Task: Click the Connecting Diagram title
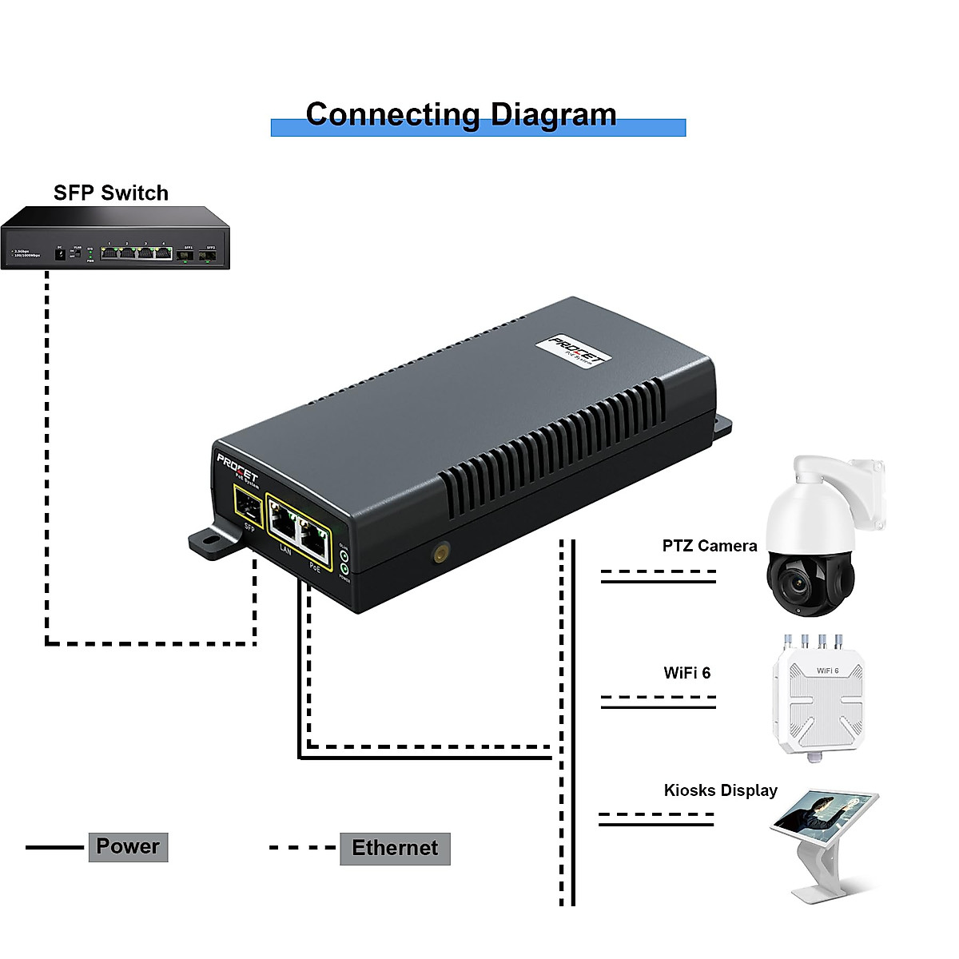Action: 461,115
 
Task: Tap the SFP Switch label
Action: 111,193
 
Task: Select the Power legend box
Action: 128,846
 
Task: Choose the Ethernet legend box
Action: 395,848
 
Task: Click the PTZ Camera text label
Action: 709,546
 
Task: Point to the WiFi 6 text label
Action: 686,673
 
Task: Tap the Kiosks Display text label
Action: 720,790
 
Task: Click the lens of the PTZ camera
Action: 798,586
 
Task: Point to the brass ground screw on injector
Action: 440,552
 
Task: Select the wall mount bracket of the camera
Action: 866,492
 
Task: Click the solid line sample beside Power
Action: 54,847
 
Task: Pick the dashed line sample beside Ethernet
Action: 302,847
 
